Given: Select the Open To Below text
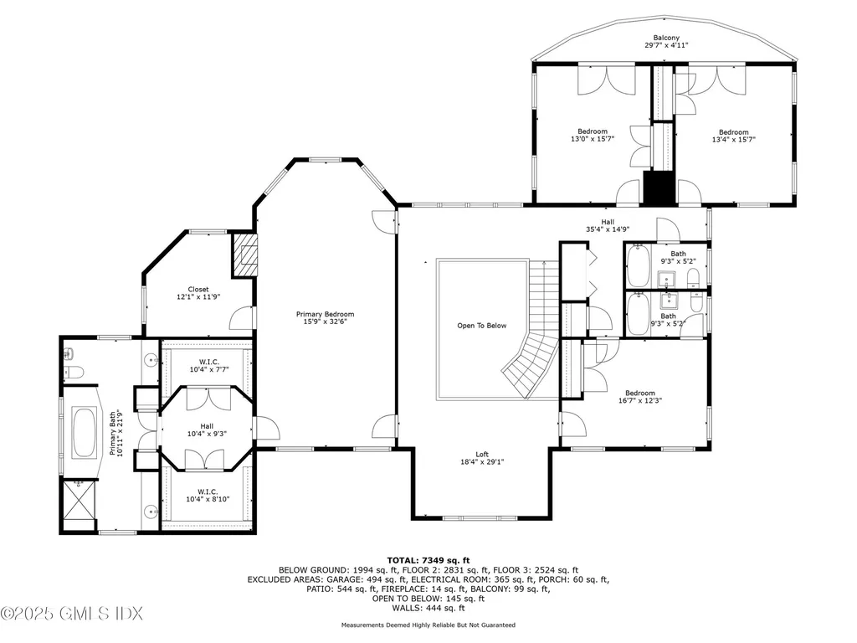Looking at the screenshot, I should tap(481, 326).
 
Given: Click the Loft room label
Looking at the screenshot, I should tap(481, 458).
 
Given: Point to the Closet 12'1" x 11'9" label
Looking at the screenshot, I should tap(198, 294).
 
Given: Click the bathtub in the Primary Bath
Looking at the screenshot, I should tap(85, 431).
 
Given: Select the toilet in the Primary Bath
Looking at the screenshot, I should tap(73, 371).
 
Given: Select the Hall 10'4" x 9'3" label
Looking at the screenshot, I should tap(207, 430).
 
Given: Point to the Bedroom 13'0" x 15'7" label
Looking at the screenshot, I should tap(593, 136).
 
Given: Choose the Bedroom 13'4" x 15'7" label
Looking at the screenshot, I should tap(733, 136).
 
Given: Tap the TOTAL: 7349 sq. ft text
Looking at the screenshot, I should tap(428, 559).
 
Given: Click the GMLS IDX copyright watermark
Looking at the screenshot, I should tap(61, 614).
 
